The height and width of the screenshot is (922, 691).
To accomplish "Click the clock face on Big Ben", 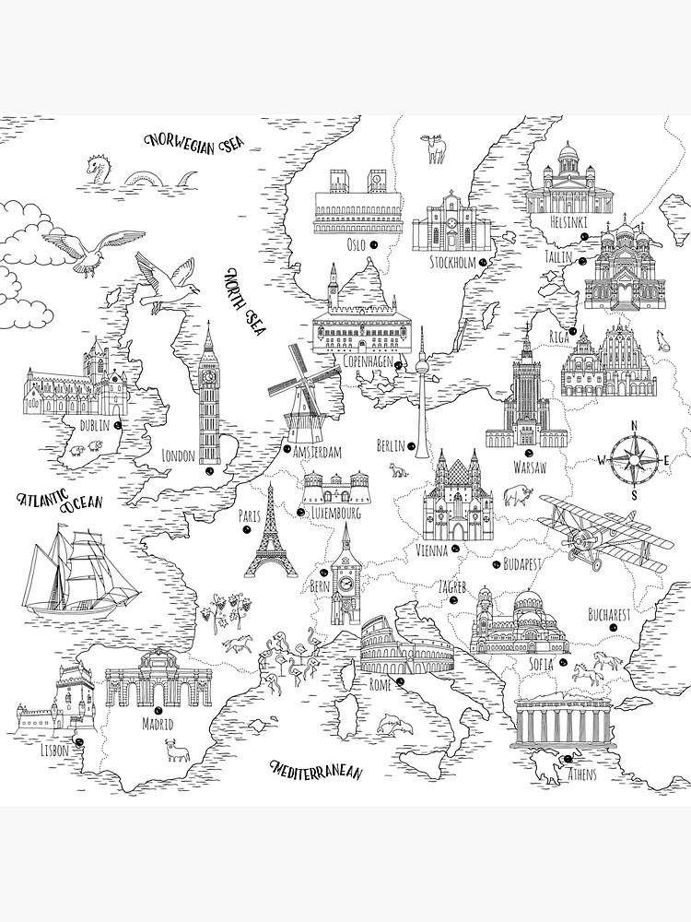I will [210, 376].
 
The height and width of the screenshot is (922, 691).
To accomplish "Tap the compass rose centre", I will [634, 459].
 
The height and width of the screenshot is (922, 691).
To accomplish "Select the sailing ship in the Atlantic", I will [64, 573].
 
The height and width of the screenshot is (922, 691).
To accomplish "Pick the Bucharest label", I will [609, 612].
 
